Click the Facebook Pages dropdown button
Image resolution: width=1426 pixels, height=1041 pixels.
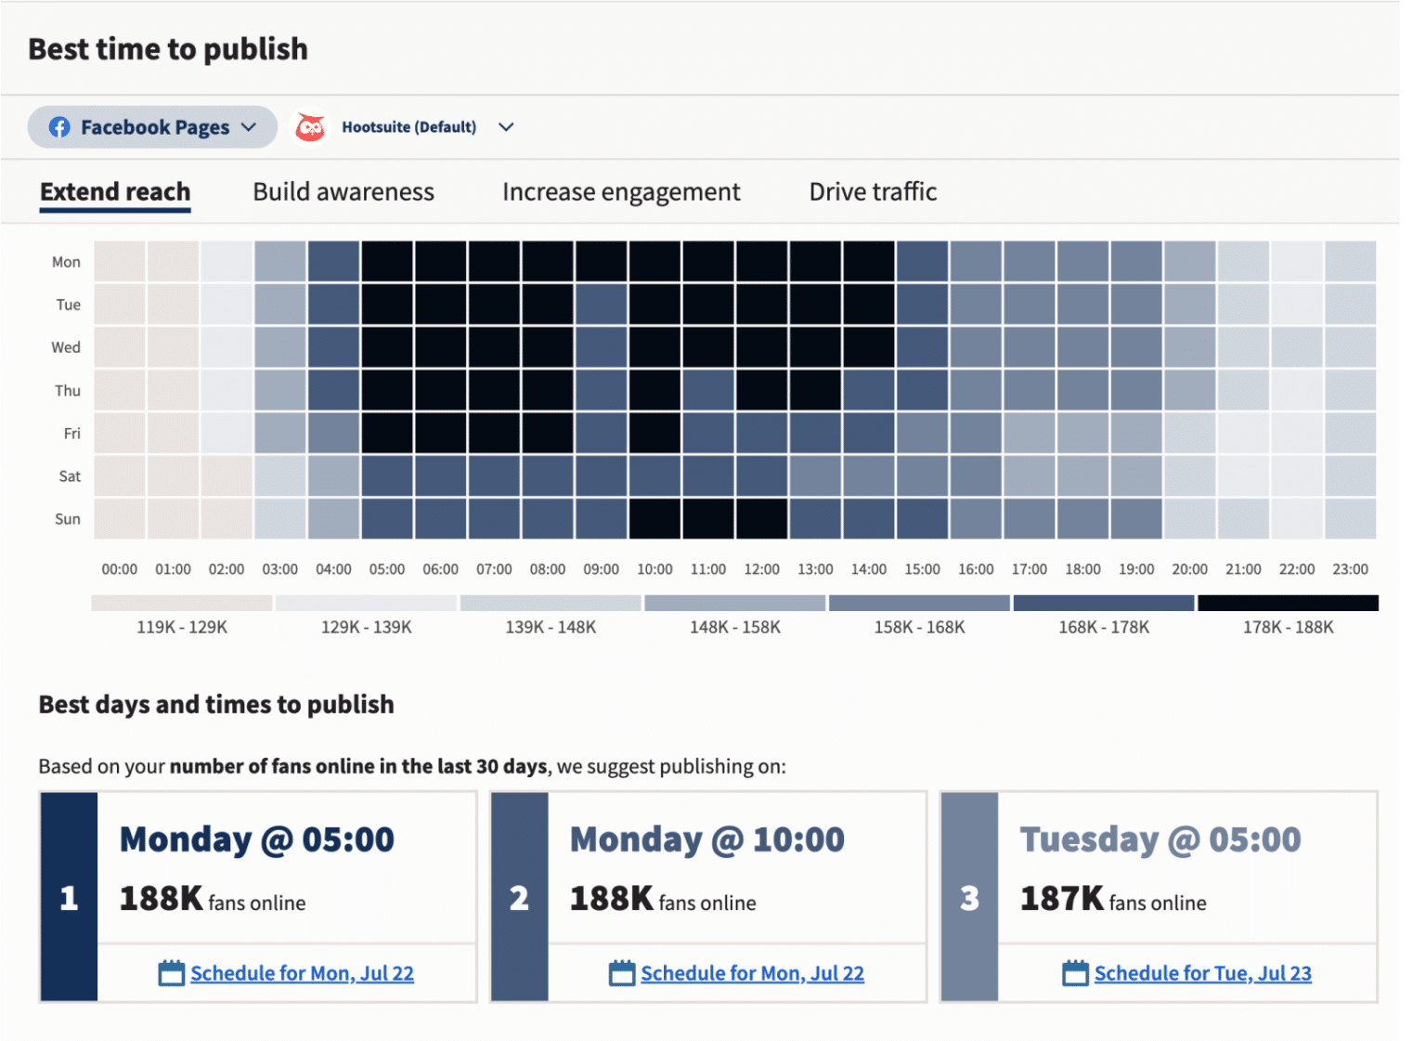152,127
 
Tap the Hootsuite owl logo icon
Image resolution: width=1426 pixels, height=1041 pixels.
310,127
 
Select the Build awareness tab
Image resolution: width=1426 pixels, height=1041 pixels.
344,192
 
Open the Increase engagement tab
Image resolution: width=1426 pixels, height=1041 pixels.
621,192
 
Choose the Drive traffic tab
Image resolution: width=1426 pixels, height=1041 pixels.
873,192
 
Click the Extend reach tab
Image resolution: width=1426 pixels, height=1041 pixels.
115,192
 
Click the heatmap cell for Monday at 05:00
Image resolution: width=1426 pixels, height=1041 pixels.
387,261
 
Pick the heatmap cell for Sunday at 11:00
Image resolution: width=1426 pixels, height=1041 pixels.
708,518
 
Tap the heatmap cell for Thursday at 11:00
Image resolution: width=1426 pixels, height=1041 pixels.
708,390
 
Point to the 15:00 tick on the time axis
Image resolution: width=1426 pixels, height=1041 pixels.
922,569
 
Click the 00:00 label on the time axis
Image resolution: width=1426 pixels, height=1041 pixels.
119,569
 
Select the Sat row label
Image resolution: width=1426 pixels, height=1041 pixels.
70,476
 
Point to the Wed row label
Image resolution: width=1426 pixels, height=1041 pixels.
66,347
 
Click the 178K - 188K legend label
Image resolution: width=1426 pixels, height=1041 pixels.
1288,627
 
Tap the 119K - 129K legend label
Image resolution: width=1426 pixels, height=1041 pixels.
182,627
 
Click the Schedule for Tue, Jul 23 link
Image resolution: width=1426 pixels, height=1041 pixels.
1202,973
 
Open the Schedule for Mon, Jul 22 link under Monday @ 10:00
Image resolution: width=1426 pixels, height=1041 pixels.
752,973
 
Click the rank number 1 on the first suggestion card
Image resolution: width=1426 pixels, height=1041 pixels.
69,898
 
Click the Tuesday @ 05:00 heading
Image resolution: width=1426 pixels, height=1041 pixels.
1160,839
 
